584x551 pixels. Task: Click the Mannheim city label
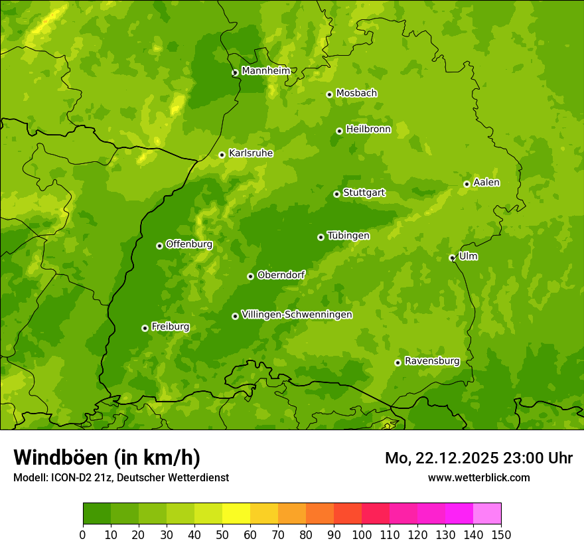(x=265, y=71)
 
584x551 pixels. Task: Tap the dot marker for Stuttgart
(x=336, y=194)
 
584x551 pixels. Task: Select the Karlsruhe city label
(x=251, y=153)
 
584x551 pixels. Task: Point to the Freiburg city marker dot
(x=145, y=328)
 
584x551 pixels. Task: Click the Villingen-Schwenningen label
(x=297, y=315)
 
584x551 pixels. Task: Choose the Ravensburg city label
(x=431, y=361)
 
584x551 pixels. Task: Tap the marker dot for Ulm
(x=452, y=258)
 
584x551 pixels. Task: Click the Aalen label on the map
(x=486, y=183)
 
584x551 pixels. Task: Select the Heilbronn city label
(x=368, y=129)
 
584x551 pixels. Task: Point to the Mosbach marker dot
(x=329, y=94)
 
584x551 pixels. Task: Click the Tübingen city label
(x=348, y=236)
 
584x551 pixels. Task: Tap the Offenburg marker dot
(x=159, y=246)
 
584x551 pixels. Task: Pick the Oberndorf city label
(x=281, y=275)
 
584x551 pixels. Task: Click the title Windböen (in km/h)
(x=107, y=457)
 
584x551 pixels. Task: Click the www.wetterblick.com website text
(x=478, y=477)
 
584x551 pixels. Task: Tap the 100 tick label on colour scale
(x=362, y=534)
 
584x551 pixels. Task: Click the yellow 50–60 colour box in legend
(x=236, y=513)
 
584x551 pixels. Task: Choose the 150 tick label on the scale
(x=501, y=534)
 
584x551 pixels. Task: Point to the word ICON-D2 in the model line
(x=68, y=477)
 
